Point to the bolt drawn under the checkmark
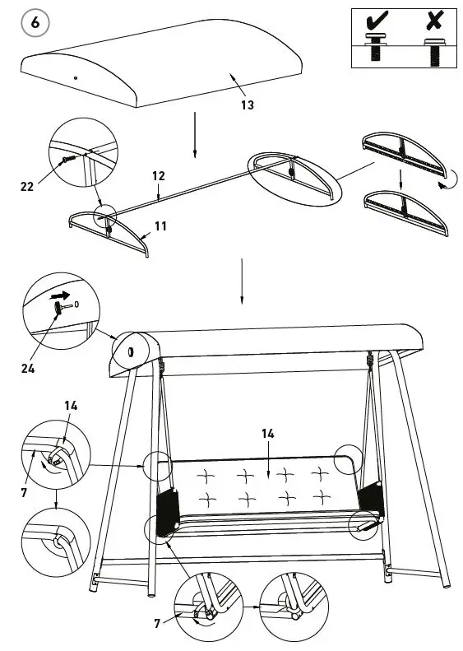tap(377, 49)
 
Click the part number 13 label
tap(247, 105)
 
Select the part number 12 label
tap(159, 176)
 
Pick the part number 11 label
tap(160, 225)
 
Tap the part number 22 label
tap(27, 187)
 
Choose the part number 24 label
tap(28, 368)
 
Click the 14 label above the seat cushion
tap(267, 433)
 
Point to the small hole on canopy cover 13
tap(75, 77)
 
